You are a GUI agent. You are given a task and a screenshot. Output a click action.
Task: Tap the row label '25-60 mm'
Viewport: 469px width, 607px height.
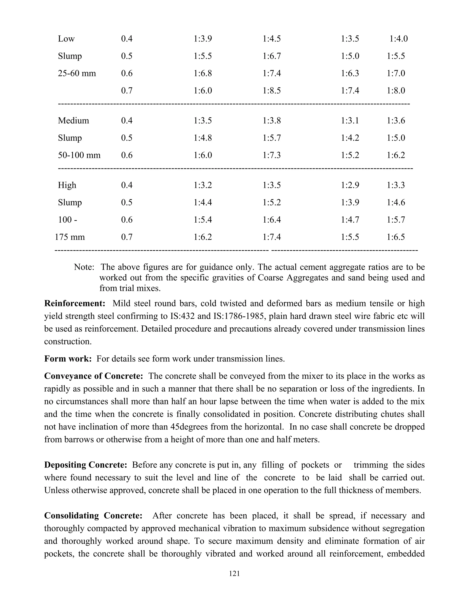(x=77, y=73)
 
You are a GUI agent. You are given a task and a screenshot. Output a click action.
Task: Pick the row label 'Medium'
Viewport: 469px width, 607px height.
(x=73, y=121)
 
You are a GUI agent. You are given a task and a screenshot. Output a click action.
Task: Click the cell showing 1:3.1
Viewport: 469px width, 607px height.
(x=350, y=121)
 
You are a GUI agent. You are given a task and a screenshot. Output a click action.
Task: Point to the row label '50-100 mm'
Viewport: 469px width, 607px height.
(x=79, y=155)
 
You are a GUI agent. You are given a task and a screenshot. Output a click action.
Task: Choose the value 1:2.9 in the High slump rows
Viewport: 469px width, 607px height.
(x=350, y=185)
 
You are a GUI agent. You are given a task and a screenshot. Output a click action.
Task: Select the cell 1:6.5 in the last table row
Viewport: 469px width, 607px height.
(x=396, y=237)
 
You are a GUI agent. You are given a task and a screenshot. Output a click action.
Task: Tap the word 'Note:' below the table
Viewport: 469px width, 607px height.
(x=84, y=267)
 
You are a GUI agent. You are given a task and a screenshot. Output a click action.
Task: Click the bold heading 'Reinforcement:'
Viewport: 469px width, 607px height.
(x=74, y=303)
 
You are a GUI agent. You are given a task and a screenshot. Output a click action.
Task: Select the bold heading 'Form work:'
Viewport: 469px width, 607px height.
(x=68, y=359)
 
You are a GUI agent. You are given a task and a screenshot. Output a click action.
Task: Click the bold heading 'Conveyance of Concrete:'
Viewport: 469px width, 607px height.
(x=94, y=376)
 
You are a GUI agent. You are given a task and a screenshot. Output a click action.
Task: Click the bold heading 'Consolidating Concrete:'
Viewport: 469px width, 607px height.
(x=93, y=516)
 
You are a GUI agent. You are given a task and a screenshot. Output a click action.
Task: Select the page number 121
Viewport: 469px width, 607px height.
(x=234, y=573)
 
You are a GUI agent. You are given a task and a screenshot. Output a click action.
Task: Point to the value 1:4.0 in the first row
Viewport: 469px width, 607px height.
(x=398, y=39)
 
